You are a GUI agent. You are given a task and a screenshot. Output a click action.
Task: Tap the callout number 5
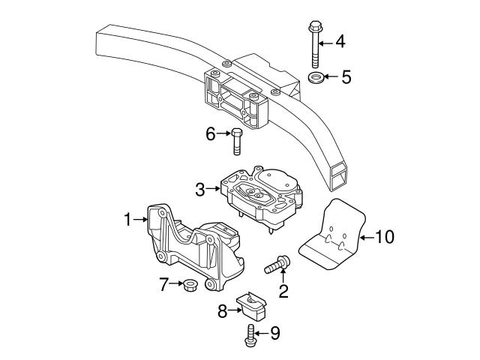[x=346, y=76]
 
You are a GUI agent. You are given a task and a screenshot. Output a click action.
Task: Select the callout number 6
[x=211, y=134]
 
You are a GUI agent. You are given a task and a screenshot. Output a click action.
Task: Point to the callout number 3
[x=200, y=190]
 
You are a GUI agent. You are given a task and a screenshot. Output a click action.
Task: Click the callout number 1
[x=128, y=220]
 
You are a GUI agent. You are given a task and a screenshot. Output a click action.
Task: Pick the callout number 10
[x=384, y=238]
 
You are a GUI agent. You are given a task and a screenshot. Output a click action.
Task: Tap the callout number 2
[x=283, y=290]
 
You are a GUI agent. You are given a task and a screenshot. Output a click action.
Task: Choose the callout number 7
[x=163, y=284]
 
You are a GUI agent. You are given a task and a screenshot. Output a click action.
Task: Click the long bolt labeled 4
[x=313, y=44]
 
